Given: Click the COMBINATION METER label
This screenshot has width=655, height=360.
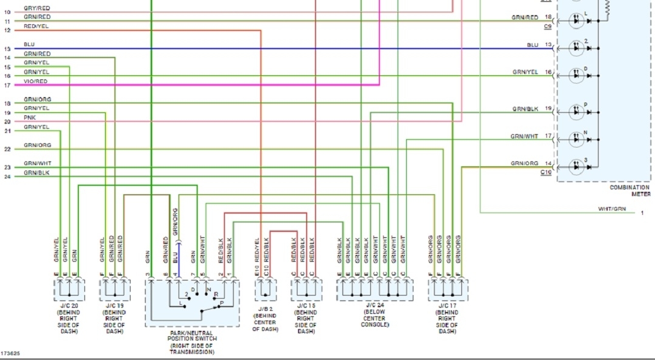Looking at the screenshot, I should click(x=630, y=191).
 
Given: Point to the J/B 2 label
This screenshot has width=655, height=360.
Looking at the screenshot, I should click(x=265, y=309).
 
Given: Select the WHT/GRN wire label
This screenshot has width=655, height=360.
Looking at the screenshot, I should click(x=611, y=209).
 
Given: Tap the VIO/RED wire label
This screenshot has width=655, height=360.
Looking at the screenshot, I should click(x=35, y=81).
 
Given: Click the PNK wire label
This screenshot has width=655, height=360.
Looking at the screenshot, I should click(x=29, y=117).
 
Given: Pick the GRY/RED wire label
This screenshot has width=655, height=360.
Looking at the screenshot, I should click(x=37, y=8).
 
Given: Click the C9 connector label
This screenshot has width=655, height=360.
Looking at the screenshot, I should click(x=548, y=27).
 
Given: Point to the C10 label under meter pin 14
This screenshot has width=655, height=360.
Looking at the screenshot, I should click(x=546, y=172).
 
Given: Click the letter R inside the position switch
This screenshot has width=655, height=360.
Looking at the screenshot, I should click(x=216, y=294).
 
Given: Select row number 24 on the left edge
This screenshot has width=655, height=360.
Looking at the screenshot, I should click(x=7, y=177).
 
